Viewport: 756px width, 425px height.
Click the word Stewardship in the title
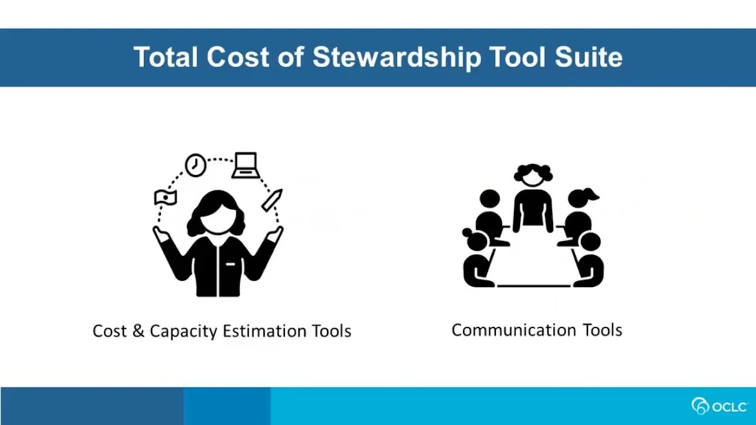396,58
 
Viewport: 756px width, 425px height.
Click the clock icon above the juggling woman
195,165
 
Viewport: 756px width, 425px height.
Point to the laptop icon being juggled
245,165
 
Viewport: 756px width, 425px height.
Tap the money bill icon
165,197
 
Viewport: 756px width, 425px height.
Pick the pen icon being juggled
272,200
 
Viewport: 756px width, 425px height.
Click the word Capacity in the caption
183,331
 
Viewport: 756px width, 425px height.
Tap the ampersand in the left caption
138,331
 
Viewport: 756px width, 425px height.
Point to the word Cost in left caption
109,331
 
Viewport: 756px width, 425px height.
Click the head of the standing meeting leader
533,175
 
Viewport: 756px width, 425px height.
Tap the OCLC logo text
729,407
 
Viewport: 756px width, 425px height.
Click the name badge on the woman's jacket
230,264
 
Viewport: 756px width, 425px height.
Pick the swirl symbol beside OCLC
700,406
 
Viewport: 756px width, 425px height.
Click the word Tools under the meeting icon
602,330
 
